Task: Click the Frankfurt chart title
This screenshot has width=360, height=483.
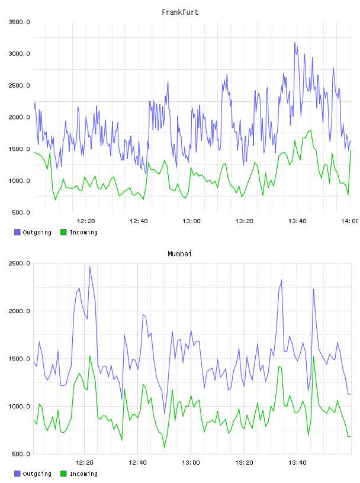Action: [180, 12]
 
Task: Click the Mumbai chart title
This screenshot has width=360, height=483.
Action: [179, 254]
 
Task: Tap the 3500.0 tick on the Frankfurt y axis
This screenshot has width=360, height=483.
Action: [19, 22]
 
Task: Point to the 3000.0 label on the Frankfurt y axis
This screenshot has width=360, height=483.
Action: [19, 54]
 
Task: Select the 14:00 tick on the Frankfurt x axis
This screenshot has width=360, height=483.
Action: [349, 221]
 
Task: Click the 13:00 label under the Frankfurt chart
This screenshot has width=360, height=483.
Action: [191, 221]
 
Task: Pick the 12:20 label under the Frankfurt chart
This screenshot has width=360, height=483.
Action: [86, 221]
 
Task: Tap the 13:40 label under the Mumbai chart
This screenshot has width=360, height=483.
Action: [297, 463]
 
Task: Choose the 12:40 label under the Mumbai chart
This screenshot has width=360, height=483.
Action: [137, 463]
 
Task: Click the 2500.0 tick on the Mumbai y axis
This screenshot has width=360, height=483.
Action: [19, 263]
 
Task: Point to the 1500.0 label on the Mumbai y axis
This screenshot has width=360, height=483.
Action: [19, 359]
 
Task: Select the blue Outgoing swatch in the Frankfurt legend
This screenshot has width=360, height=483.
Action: [17, 232]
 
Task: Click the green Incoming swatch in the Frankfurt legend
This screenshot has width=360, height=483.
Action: [63, 232]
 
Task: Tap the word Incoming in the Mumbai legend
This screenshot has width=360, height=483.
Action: [83, 474]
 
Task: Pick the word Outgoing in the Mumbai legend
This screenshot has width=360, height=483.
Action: [37, 474]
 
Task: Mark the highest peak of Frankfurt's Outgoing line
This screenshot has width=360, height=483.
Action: [295, 43]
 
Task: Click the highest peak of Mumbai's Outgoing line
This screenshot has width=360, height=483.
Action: [89, 266]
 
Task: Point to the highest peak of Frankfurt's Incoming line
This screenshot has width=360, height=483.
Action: [311, 131]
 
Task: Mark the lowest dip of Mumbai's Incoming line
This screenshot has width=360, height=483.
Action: [164, 447]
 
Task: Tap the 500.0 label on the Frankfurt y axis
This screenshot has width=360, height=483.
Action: [21, 212]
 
